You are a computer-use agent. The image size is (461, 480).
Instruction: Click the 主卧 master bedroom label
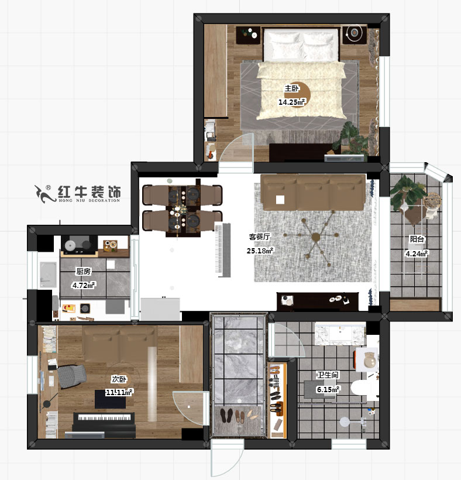tap(291, 89)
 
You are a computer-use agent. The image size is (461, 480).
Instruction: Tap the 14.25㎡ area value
tap(291, 102)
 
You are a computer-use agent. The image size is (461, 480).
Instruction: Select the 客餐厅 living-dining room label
tap(260, 238)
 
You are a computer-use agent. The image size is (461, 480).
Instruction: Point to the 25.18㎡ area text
tap(260, 251)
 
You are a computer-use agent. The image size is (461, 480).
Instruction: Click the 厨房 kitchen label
tap(84, 272)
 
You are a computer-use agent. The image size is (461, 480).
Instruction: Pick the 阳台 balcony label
tap(417, 239)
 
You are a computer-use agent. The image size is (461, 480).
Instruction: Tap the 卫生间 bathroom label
tap(328, 375)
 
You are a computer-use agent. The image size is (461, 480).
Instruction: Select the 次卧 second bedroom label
tap(119, 379)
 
